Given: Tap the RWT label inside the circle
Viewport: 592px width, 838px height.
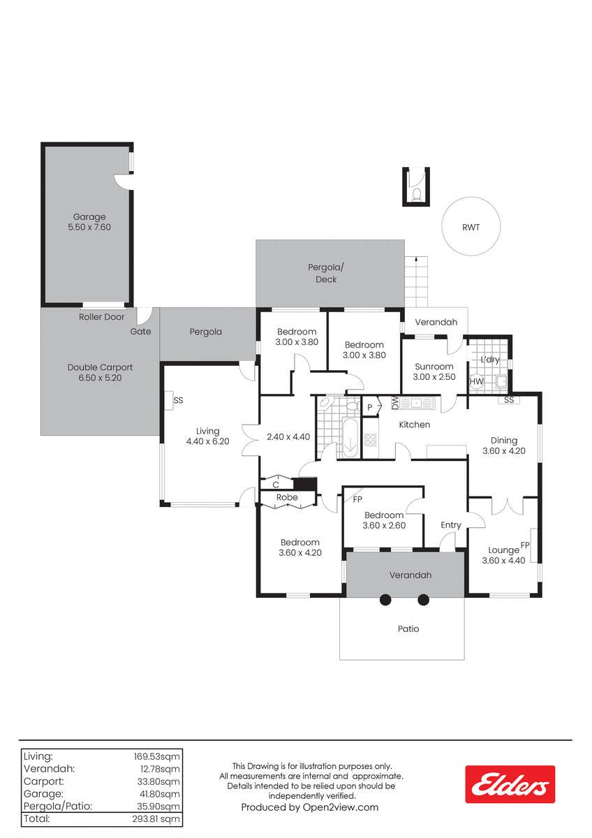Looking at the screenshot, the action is pyautogui.click(x=471, y=227).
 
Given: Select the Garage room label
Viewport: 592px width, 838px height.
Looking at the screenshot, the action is pyautogui.click(x=89, y=216).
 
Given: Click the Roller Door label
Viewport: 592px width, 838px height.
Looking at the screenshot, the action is pyautogui.click(x=101, y=317).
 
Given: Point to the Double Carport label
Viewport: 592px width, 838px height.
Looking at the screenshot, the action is pyautogui.click(x=101, y=367).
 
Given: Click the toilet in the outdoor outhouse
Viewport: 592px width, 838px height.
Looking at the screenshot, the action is pyautogui.click(x=416, y=195).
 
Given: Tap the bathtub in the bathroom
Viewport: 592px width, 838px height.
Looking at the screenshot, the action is pyautogui.click(x=350, y=437).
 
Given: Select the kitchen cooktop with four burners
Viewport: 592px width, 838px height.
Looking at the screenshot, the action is pyautogui.click(x=370, y=439).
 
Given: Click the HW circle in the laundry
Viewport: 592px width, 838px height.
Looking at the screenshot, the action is pyautogui.click(x=476, y=381).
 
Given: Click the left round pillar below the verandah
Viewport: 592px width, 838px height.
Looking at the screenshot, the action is pyautogui.click(x=385, y=600).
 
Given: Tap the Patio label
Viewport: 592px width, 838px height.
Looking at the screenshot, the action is pyautogui.click(x=408, y=629).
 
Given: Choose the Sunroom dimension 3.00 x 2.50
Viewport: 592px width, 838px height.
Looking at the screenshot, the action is pyautogui.click(x=434, y=376).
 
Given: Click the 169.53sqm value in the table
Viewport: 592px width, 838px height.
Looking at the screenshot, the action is pyautogui.click(x=157, y=756).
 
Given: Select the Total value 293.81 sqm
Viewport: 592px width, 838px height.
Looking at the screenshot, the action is pyautogui.click(x=156, y=819).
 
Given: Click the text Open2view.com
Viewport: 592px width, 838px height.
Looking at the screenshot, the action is pyautogui.click(x=340, y=807).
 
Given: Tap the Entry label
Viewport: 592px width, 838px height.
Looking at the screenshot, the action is pyautogui.click(x=451, y=525).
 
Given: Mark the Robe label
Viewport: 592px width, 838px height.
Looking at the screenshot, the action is pyautogui.click(x=287, y=497).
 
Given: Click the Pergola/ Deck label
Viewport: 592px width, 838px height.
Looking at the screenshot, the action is pyautogui.click(x=326, y=274).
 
